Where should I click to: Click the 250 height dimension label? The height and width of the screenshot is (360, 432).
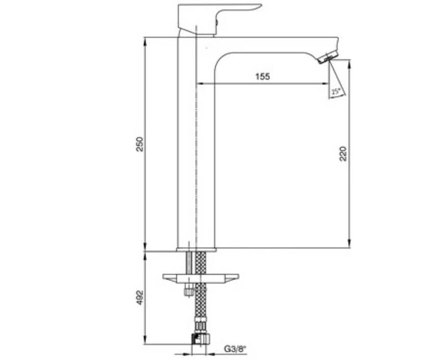point(140,144)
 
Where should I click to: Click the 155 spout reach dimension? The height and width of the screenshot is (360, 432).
point(263,76)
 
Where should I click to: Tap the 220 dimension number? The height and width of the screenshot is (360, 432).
point(343,154)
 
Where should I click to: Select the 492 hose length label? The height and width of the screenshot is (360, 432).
point(140,298)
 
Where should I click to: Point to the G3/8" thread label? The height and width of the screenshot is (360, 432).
point(235,349)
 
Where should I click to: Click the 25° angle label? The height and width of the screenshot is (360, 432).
point(336,91)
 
